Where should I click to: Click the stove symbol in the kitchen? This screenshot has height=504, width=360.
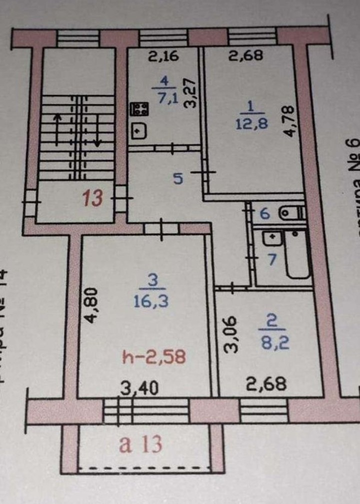point(139,109)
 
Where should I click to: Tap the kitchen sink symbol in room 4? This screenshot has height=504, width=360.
point(139,131)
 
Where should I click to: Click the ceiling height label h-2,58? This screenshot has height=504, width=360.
point(154,357)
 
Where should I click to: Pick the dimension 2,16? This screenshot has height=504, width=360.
point(163,57)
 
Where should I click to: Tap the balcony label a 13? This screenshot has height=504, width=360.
point(140,444)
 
